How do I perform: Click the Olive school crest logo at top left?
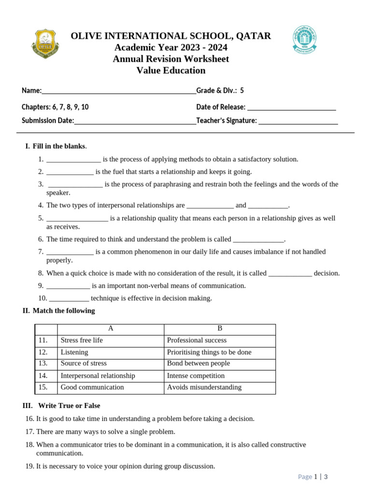click(x=45, y=44)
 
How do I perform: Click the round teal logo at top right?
click(x=304, y=40)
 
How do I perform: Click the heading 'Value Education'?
click(x=171, y=71)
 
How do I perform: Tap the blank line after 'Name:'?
click(x=119, y=92)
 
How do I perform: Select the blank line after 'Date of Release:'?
click(x=291, y=108)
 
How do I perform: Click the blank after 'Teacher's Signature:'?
click(x=298, y=122)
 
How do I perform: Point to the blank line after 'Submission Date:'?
click(x=135, y=122)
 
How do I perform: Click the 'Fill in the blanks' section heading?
click(x=59, y=146)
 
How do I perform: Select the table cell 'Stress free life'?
click(x=82, y=340)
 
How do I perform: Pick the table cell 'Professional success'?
click(x=197, y=340)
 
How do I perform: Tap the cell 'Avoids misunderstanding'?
click(x=204, y=387)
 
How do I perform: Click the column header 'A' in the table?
click(x=111, y=329)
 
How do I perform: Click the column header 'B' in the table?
click(x=220, y=329)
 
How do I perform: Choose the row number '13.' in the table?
click(x=43, y=364)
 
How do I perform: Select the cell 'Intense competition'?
click(x=196, y=376)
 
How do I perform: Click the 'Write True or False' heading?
click(x=69, y=406)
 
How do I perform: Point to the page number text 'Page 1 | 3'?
click(x=313, y=477)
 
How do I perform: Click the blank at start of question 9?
click(x=68, y=286)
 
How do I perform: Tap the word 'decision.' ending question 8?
click(x=327, y=273)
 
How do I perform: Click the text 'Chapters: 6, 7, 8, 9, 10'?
click(x=55, y=107)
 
